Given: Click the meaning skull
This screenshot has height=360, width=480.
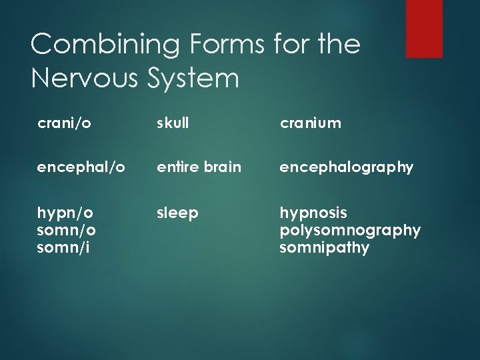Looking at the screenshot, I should click(173, 123).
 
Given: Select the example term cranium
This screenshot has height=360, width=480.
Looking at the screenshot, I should click(310, 123).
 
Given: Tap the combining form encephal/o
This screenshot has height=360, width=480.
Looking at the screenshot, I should click(81, 167).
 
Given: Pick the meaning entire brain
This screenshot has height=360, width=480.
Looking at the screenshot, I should click(199, 167).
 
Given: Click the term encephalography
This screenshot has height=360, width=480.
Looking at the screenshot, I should click(346, 167).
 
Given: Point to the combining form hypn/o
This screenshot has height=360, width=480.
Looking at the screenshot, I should click(65, 213).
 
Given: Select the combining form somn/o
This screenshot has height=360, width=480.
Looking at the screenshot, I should click(67, 230).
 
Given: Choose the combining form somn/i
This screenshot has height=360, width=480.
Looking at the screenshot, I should click(65, 247).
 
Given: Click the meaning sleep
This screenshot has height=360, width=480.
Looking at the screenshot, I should click(177, 213).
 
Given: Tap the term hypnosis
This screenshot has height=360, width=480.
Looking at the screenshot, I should click(313, 213).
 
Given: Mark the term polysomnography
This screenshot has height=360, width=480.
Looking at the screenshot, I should click(350, 230).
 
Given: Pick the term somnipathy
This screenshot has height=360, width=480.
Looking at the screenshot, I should click(324, 247).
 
